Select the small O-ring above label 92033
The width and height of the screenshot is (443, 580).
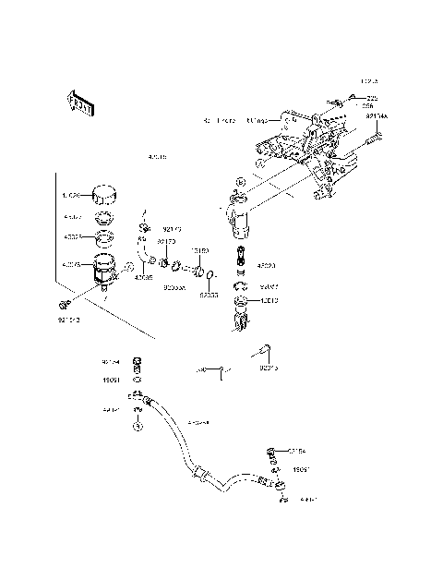point(211,275)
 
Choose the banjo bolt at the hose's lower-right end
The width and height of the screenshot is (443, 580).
point(272,452)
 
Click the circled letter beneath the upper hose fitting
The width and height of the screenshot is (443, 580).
point(138,427)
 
